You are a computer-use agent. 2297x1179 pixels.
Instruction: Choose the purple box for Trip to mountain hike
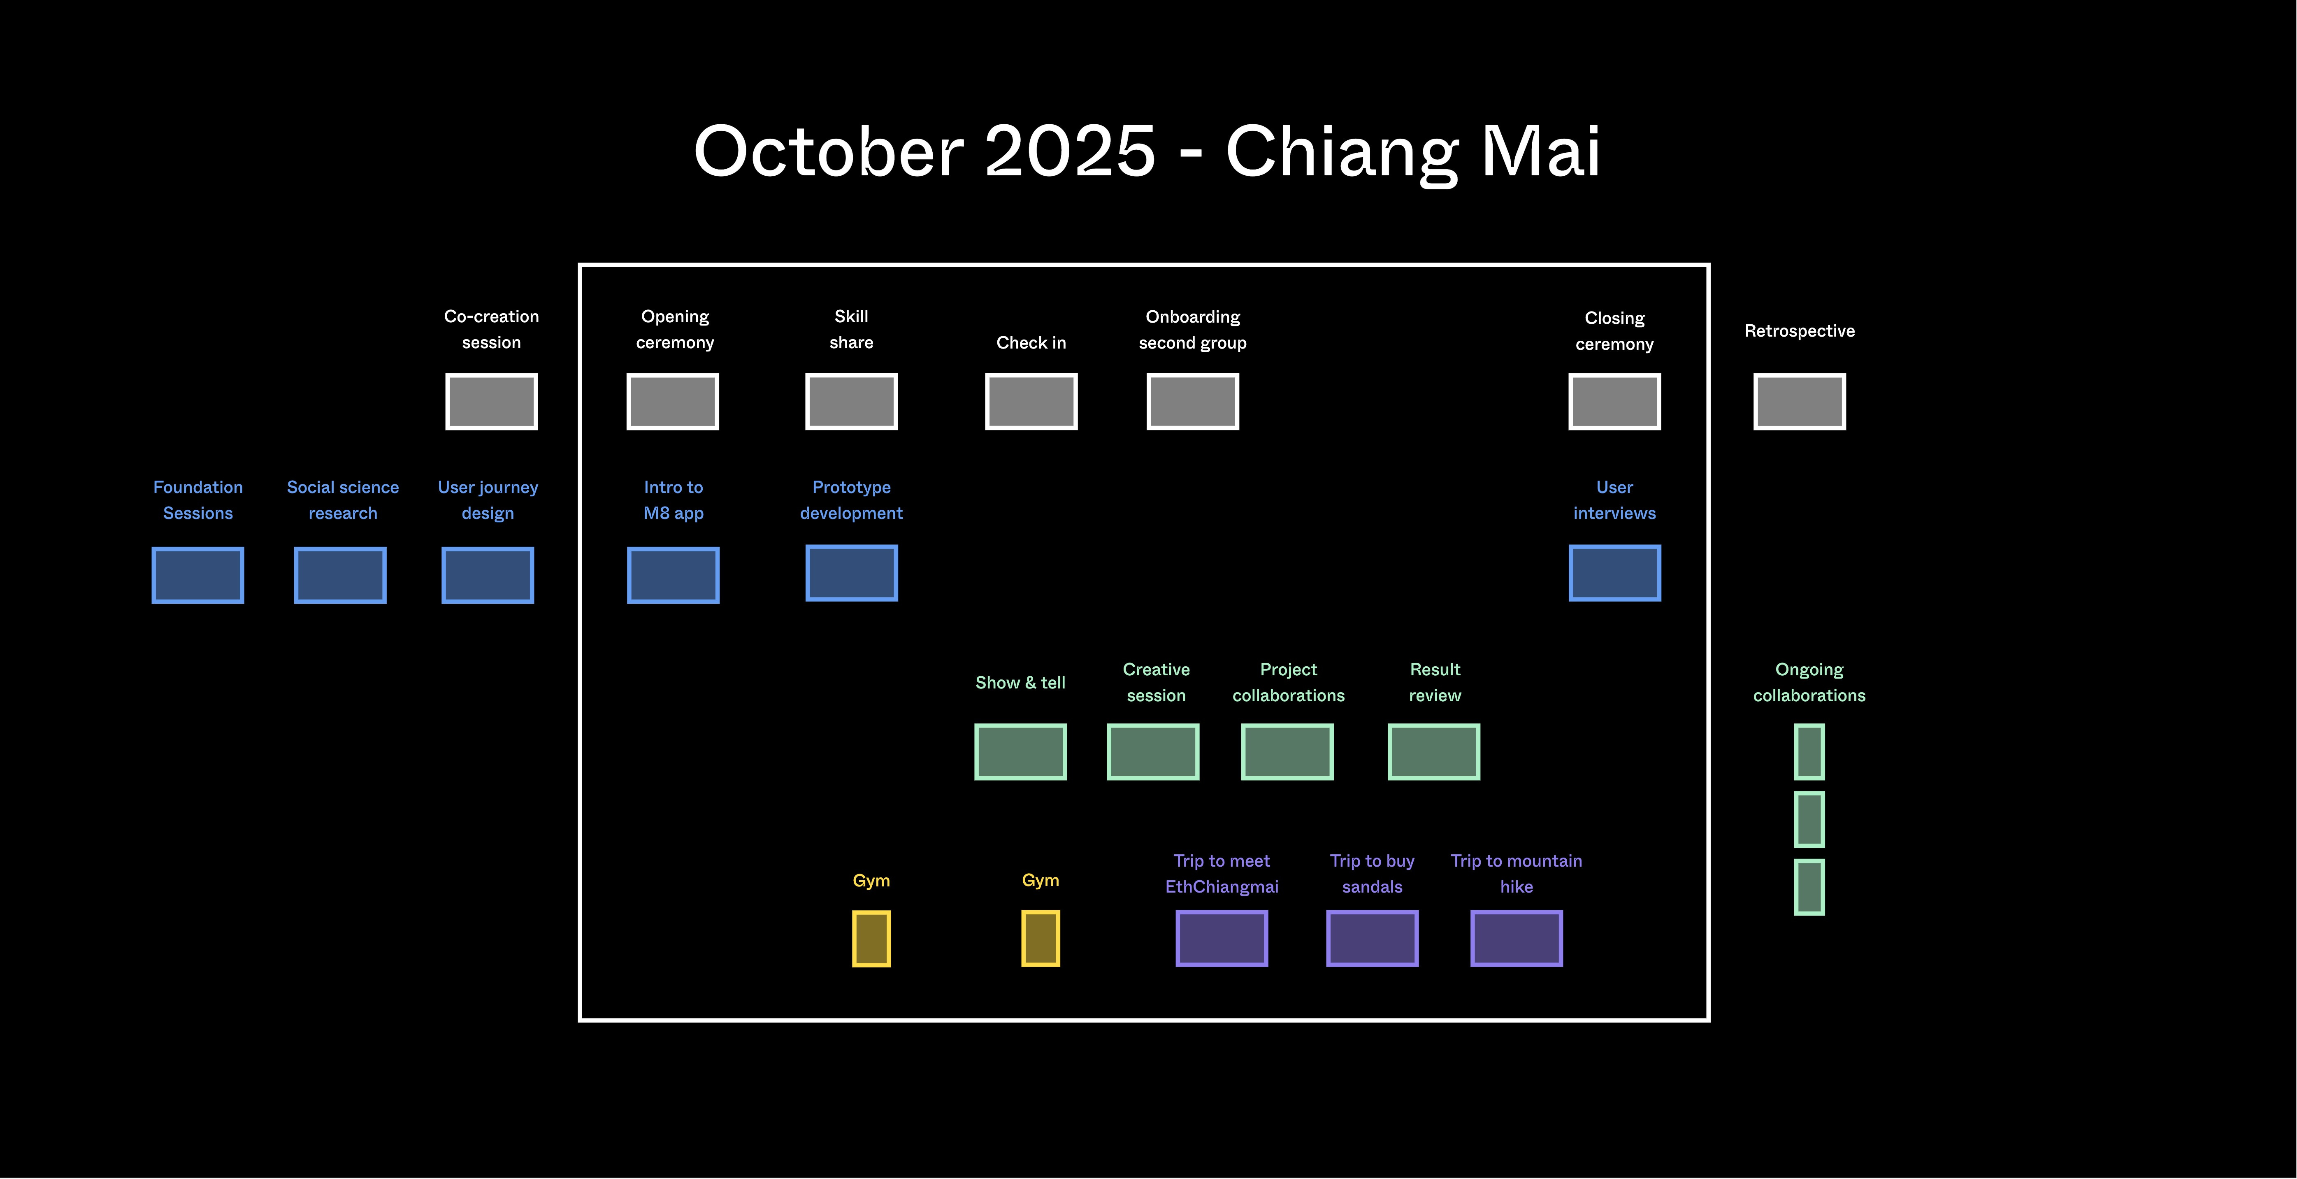click(x=1516, y=938)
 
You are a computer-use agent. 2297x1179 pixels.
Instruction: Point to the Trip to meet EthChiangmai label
click(x=1222, y=874)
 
